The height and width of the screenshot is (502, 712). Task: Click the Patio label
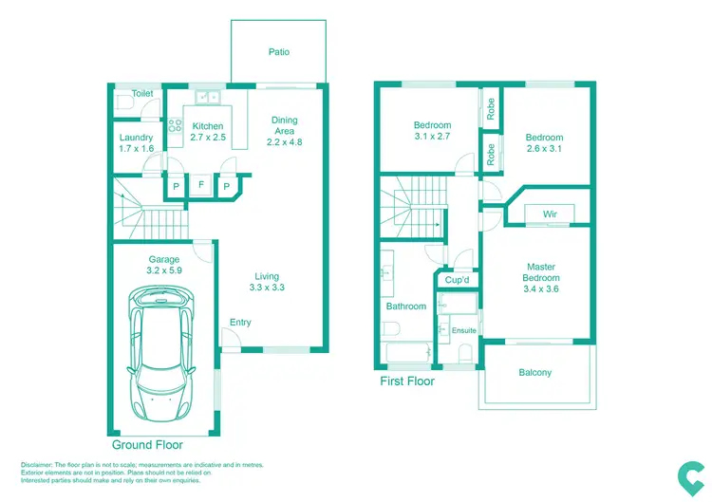pyautogui.click(x=278, y=52)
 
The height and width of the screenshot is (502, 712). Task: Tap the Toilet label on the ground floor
pyautogui.click(x=142, y=94)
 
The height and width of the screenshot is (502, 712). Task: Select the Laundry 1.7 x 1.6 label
pyautogui.click(x=137, y=143)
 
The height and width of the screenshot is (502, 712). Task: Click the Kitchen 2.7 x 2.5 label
pyautogui.click(x=208, y=132)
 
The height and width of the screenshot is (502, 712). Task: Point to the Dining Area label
pyautogui.click(x=284, y=131)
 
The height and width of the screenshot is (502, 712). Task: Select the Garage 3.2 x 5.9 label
pyautogui.click(x=163, y=265)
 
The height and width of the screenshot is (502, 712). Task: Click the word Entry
pyautogui.click(x=240, y=323)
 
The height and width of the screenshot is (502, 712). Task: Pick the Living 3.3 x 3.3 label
pyautogui.click(x=267, y=281)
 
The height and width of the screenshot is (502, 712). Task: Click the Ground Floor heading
pyautogui.click(x=147, y=444)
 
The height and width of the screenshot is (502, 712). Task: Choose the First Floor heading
pyautogui.click(x=406, y=381)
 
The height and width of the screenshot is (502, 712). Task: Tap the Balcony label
pyautogui.click(x=534, y=373)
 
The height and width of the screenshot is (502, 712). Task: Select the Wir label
pyautogui.click(x=550, y=214)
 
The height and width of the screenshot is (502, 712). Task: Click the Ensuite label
pyautogui.click(x=464, y=330)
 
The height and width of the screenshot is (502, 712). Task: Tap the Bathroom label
pyautogui.click(x=406, y=307)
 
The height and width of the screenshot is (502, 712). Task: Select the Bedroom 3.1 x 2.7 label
pyautogui.click(x=432, y=131)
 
